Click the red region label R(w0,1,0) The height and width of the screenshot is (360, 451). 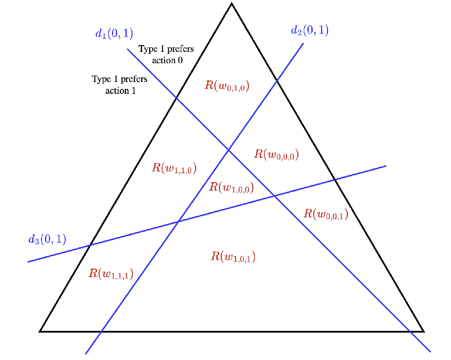click(x=227, y=85)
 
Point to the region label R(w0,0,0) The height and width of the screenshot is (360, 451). click(x=276, y=154)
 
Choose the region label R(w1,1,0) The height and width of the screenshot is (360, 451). click(x=174, y=168)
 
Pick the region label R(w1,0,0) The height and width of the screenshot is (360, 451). click(x=231, y=187)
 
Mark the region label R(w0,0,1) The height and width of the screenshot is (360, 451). click(x=326, y=214)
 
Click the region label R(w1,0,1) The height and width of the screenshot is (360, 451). click(x=233, y=256)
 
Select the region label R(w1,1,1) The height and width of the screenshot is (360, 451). click(x=111, y=274)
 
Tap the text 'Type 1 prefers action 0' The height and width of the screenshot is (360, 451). click(x=166, y=54)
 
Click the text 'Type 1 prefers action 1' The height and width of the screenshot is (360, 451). click(x=120, y=84)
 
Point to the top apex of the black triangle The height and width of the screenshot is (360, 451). click(x=231, y=4)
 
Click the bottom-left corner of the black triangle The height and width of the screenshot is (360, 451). click(x=40, y=331)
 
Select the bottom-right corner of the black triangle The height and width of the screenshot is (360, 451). click(x=423, y=331)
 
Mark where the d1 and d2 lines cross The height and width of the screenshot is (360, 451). click(x=228, y=150)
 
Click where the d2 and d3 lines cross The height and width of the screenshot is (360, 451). click(x=178, y=222)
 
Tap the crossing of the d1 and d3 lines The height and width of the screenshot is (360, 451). click(x=274, y=196)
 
